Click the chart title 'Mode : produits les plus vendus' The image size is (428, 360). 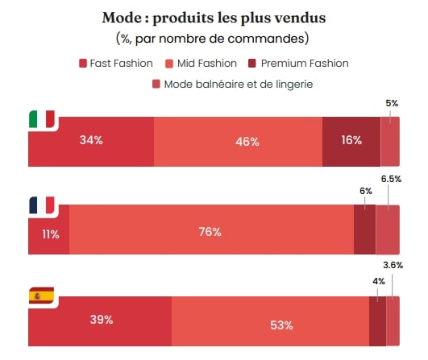coord(214,18)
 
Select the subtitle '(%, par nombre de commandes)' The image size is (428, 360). coord(214,38)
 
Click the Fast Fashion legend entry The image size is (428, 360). coord(116,63)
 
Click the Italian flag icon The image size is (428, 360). coord(41,120)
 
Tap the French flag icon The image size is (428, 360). coord(41,205)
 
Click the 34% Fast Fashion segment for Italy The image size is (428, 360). coord(91,141)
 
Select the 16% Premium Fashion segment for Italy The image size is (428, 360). coord(351,141)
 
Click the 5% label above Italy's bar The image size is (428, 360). coord(392,103)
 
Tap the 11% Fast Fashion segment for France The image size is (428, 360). coord(49,234)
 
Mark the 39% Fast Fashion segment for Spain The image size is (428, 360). coord(101,320)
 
